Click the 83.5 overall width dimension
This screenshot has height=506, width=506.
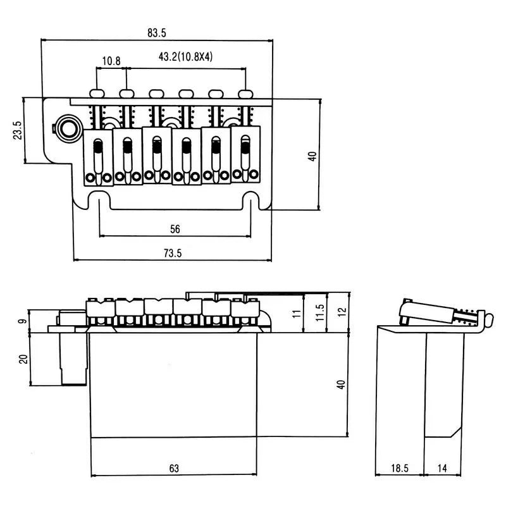pos(156,32)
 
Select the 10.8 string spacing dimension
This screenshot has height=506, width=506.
pos(111,61)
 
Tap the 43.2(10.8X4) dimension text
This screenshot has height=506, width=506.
pos(185,57)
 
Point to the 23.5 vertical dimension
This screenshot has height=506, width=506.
pos(17,130)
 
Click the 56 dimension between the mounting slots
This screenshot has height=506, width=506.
pos(175,228)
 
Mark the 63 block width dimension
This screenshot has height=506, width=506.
pos(174,468)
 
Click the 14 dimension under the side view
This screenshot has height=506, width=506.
pos(443,468)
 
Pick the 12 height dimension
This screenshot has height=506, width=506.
pos(342,311)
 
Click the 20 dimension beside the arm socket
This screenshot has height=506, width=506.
pos(22,358)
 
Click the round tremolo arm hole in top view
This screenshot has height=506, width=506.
pos(66,126)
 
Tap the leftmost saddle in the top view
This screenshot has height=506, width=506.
pos(98,158)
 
